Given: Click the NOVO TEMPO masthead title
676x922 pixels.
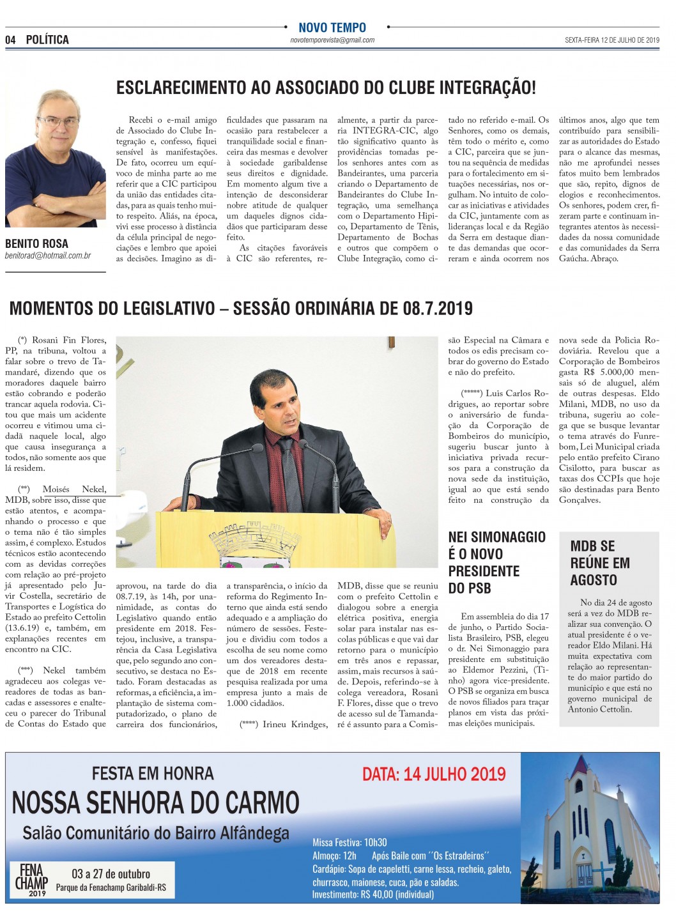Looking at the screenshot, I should [332, 27].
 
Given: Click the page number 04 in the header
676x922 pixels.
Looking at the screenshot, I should [10, 40].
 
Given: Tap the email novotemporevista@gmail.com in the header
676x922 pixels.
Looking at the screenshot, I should [332, 40].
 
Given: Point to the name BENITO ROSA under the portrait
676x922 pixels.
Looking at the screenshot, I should [36, 243].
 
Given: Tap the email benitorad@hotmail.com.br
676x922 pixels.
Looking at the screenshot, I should [48, 256].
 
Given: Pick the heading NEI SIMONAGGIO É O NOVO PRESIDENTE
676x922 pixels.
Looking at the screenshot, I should [496, 562].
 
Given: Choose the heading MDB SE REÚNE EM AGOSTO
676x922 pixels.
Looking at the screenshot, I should [600, 563].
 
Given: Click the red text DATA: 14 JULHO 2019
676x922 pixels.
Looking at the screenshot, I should [434, 774].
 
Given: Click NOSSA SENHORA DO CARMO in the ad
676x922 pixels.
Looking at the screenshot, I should [155, 801].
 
